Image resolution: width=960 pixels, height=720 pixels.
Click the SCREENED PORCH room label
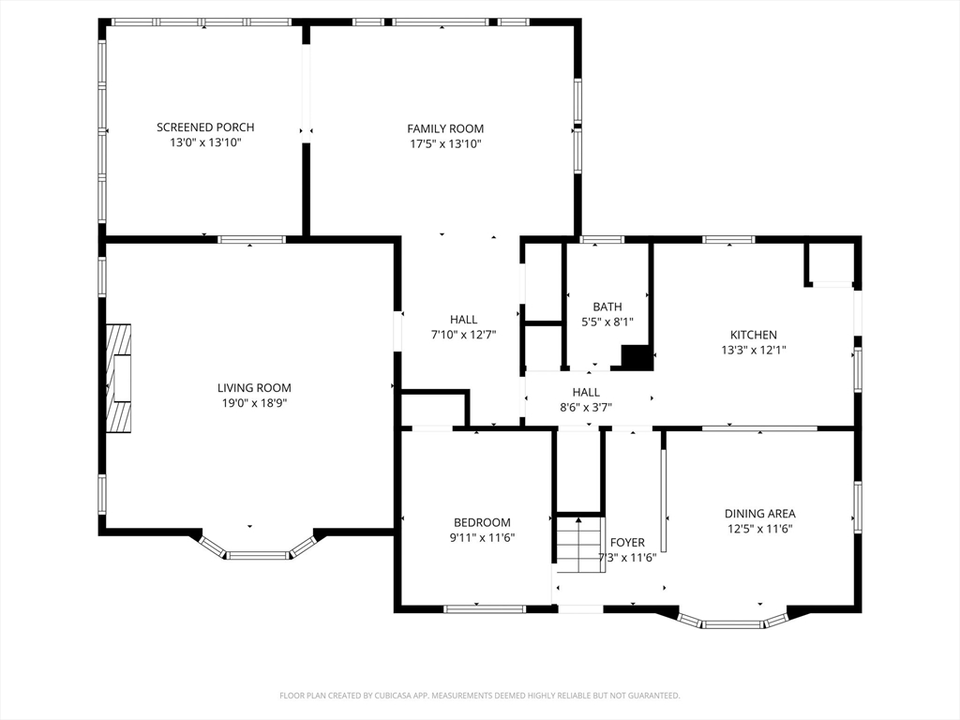point(205,127)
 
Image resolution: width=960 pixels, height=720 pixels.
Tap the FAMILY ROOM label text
point(445,128)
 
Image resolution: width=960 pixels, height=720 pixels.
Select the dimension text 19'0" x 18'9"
point(255,403)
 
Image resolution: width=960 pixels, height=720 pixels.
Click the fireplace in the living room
point(119,379)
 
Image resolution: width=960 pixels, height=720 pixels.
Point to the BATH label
point(607,307)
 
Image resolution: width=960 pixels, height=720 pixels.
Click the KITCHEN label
point(754,335)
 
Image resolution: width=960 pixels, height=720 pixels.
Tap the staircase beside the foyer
point(579,545)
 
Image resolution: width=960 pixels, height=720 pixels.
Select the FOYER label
point(627,543)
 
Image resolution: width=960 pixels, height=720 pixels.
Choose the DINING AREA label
point(759,514)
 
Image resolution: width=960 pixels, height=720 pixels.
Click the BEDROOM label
point(482,522)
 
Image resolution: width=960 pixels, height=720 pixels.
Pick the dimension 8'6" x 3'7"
point(586,407)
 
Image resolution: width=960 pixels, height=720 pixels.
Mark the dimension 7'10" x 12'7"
point(463,335)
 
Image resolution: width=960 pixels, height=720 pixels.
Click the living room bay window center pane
point(258,555)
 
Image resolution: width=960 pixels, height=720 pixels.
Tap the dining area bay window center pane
point(733,624)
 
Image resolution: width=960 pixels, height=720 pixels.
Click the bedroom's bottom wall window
point(485,609)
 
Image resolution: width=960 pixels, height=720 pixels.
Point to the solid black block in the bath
point(637,357)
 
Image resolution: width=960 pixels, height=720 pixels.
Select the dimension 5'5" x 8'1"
point(607,322)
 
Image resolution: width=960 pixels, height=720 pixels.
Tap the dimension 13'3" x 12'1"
point(754,351)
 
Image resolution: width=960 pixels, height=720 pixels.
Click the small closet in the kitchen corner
point(830,263)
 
